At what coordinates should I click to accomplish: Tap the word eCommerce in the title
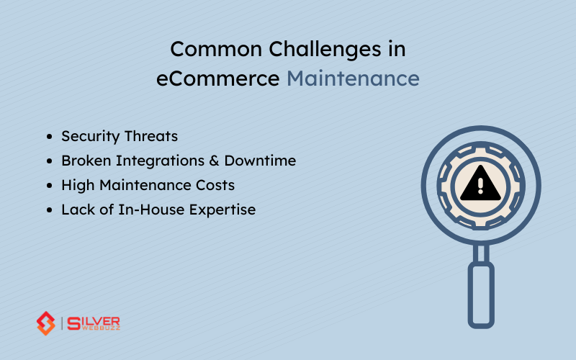218,78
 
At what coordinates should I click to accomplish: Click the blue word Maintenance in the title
353,78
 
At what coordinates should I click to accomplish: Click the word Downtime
258,161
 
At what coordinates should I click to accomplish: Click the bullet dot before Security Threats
49,137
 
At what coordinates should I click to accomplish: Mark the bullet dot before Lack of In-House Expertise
49,210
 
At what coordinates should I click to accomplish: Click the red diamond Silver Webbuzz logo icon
46,323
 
